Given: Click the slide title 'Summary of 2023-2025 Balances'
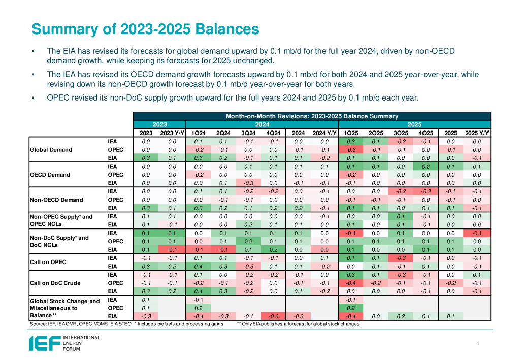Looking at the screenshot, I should pyautogui.click(x=145, y=29).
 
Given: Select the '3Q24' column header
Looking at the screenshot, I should pyautogui.click(x=248, y=133).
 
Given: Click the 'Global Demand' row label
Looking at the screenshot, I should pyautogui.click(x=51, y=150).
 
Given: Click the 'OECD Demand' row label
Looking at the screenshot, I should pyautogui.click(x=50, y=175).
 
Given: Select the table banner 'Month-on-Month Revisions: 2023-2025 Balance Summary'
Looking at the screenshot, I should pyautogui.click(x=312, y=116).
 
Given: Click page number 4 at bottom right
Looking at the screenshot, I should pyautogui.click(x=478, y=344).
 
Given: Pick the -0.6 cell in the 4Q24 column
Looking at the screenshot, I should pyautogui.click(x=273, y=316).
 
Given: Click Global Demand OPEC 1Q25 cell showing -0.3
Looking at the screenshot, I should pyautogui.click(x=350, y=150).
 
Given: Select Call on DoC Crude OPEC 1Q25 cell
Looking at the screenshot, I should pyautogui.click(x=350, y=283).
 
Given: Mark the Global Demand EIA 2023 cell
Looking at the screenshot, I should pyautogui.click(x=146, y=158).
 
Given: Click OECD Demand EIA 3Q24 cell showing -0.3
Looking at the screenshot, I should pyautogui.click(x=248, y=183).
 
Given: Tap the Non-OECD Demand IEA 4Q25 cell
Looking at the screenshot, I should pyautogui.click(x=426, y=191).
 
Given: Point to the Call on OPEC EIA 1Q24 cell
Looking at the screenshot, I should pyautogui.click(x=199, y=266).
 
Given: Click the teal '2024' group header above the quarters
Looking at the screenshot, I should pyautogui.click(x=262, y=124).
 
